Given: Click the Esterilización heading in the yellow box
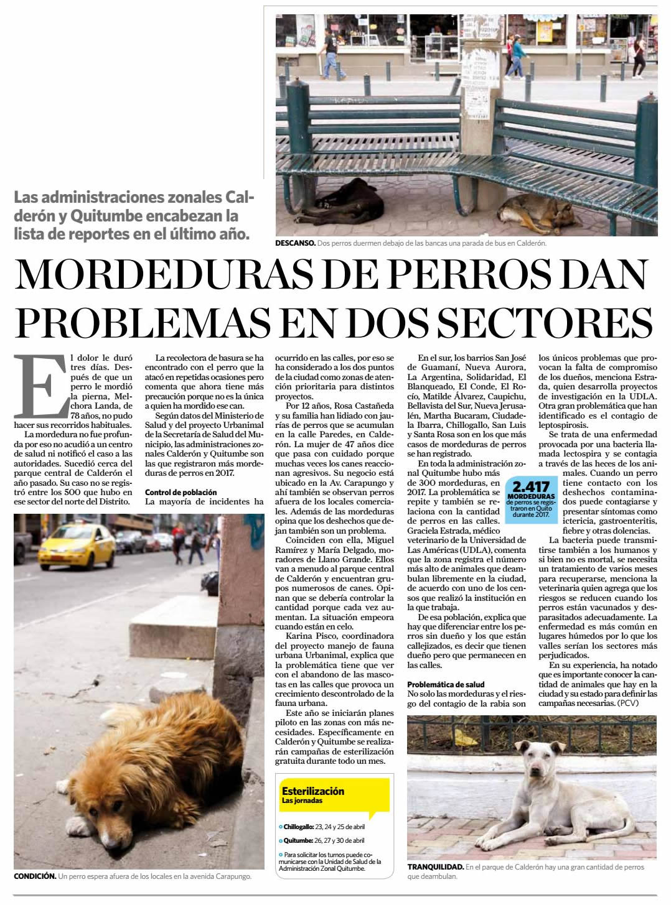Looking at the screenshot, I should coord(312,791).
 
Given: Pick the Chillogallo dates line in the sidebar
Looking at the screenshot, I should coord(324,827).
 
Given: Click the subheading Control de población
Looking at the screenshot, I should coord(181,492).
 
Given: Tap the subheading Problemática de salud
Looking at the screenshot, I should coord(446,684).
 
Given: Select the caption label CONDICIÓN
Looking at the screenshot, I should coord(35,876).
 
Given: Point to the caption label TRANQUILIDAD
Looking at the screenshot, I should coord(435,866).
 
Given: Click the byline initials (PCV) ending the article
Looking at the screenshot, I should coord(627,703).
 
